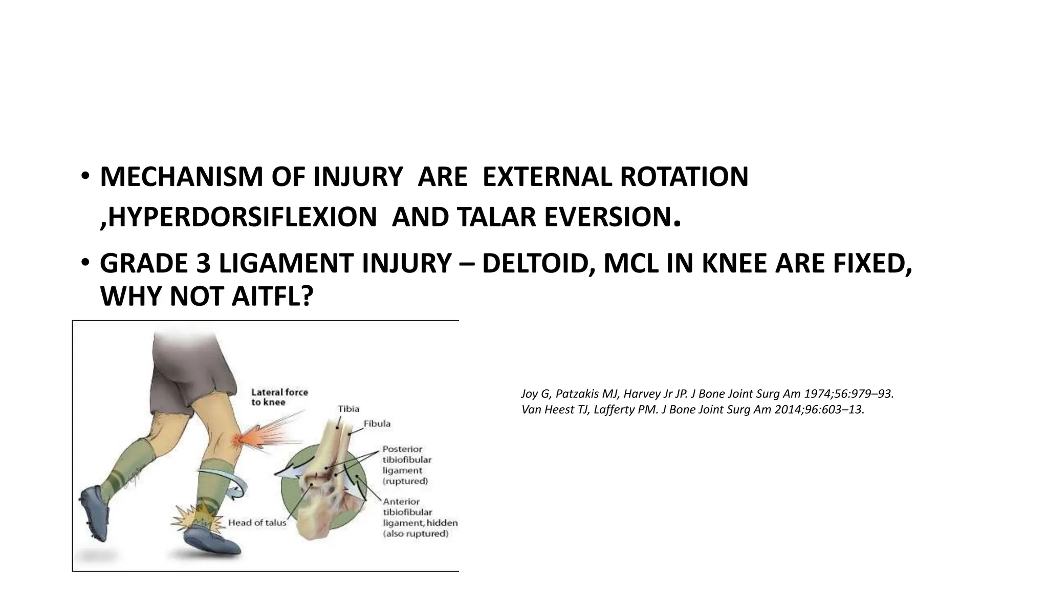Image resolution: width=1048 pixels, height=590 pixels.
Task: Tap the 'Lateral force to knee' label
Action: pos(279,397)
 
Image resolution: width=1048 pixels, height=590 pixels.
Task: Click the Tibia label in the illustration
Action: pos(348,409)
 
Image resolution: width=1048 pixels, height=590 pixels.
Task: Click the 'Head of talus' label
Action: pos(257,523)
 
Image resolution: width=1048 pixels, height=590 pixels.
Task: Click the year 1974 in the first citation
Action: pos(815,394)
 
